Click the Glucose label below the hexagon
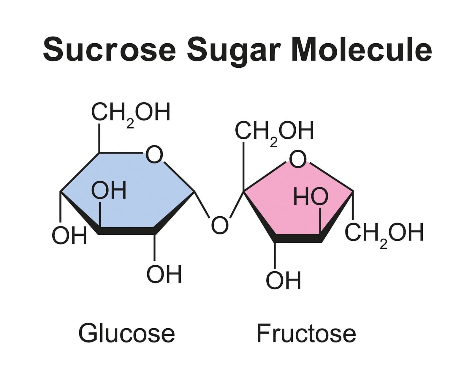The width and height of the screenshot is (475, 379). coord(126,333)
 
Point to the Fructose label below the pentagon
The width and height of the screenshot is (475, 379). coord(306,333)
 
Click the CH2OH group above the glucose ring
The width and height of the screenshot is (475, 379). coord(131,113)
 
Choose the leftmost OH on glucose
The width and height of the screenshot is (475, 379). coord(69,236)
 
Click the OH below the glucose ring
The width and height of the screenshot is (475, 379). coord(164,274)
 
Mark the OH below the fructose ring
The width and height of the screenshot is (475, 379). coord(284,280)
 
